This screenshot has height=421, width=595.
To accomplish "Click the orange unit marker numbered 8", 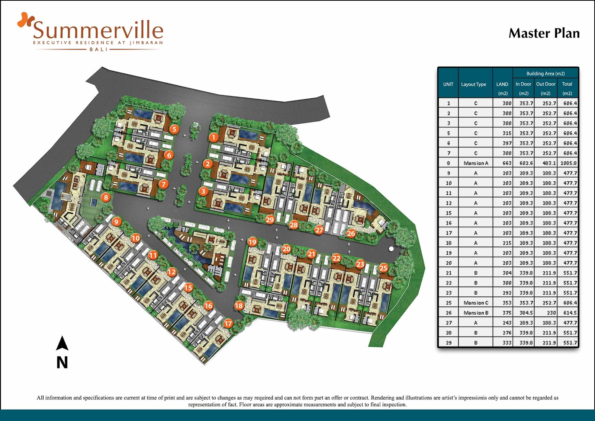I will tap(106, 197).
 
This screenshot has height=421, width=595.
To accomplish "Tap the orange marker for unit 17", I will tap(228, 323).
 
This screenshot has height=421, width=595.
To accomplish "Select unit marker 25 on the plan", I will tap(383, 268).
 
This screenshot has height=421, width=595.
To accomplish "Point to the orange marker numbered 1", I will tap(213, 137).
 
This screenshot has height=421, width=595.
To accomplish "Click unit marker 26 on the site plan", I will tap(351, 233).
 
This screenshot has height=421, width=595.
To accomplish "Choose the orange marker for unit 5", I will tap(174, 129).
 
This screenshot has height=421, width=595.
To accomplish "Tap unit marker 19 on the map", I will tap(252, 242).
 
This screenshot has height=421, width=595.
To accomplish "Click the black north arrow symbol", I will tap(62, 343).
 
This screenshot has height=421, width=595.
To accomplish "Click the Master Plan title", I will tap(544, 33).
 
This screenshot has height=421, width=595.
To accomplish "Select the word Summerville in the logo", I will tap(98, 30).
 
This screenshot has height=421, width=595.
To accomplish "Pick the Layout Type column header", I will tap(473, 84).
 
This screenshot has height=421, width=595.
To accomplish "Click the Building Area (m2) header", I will tap(545, 74).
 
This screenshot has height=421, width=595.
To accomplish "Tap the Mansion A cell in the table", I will tap(476, 163).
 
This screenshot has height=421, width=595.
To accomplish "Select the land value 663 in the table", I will tap(507, 163).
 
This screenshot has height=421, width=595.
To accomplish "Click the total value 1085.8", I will tap(569, 163).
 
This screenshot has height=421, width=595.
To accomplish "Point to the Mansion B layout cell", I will tap(476, 313).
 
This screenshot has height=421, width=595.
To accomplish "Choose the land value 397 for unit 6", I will tap(507, 143).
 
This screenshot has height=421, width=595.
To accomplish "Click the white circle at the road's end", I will tap(391, 248).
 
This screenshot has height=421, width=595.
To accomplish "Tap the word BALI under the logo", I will tap(98, 49).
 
